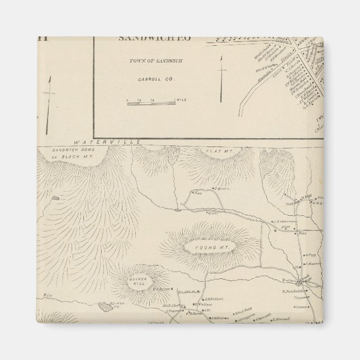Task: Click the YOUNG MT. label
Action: click(x=205, y=247)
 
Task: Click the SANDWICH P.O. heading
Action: click(x=154, y=38)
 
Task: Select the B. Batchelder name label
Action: click(x=293, y=291)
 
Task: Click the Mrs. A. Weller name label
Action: click(x=188, y=292)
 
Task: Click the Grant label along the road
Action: click(x=212, y=212)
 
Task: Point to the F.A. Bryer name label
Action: click(x=161, y=290)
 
